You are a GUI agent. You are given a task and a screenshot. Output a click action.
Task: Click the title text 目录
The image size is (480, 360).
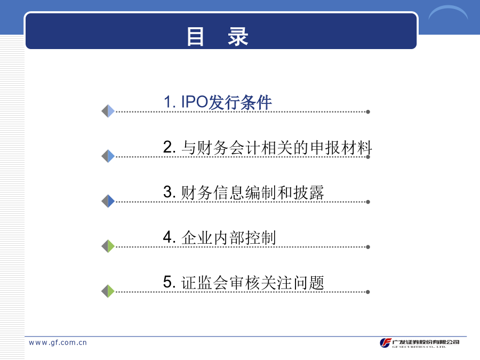pos(218,36)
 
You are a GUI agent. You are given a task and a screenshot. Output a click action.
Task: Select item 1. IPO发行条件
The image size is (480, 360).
pos(218,102)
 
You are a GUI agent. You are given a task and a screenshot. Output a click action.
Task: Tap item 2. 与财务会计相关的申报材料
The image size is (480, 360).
pos(267,147)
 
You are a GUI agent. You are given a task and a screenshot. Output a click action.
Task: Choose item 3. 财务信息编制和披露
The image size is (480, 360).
pos(243,192)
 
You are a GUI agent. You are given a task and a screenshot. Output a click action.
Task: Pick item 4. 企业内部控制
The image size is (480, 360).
pos(220,237)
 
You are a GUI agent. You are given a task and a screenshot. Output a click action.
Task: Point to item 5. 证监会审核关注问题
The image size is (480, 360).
pos(243,282)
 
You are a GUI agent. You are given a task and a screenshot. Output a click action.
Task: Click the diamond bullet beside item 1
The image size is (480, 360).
pos(108,111)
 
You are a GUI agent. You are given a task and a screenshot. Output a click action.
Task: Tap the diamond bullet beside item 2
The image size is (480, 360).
pos(108,156)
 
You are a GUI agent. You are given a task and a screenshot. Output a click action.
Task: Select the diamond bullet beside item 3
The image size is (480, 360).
pos(108,201)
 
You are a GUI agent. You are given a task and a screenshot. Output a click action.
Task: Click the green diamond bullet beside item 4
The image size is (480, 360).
pos(108,246)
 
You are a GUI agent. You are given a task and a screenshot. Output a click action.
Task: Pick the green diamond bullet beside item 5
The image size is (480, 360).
pos(108,291)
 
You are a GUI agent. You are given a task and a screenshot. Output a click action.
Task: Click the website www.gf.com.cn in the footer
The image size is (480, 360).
pos(58,342)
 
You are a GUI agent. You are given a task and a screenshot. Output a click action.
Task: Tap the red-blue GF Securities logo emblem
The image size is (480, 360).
pos(386,343)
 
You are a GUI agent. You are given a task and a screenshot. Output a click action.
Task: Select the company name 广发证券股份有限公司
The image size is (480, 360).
pos(426,342)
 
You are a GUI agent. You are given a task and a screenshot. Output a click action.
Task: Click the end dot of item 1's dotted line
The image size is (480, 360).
pos(368,112)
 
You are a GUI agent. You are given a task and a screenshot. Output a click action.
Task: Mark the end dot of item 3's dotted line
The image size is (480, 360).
pos(368,202)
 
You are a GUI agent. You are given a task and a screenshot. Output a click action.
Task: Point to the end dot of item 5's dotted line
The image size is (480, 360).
pos(368,292)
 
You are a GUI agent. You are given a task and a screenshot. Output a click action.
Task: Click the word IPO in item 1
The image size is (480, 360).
pos(195,102)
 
